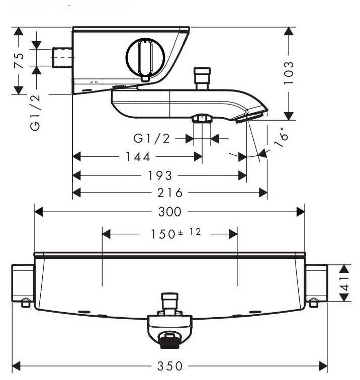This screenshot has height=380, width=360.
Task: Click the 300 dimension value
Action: pyautogui.click(x=169, y=212)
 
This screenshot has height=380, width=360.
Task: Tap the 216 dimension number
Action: pyautogui.click(x=169, y=193)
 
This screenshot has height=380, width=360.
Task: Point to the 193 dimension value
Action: pyautogui.click(x=160, y=175)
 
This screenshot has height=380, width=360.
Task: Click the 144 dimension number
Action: pyautogui.click(x=137, y=157)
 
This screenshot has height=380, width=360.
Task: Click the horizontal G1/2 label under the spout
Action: pyautogui.click(x=152, y=138)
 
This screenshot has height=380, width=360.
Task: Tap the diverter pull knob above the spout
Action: pyautogui.click(x=203, y=76)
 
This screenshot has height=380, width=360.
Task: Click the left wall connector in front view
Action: pyautogui.click(x=23, y=284)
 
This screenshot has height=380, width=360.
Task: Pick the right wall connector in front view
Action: pyautogui.click(x=316, y=284)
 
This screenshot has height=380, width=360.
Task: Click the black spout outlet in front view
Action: pyautogui.click(x=169, y=341)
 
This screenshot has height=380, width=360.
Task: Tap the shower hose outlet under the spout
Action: pyautogui.click(x=202, y=119)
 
